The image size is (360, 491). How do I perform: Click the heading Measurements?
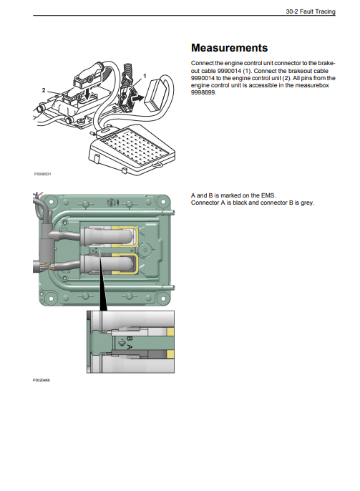tap(229, 48)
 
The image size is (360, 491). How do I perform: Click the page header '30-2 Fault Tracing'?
tap(310, 11)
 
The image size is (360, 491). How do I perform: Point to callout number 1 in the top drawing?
tap(145, 76)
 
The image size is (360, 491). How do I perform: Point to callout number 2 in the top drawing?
tap(44, 90)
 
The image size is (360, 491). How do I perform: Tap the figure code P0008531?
tap(42, 174)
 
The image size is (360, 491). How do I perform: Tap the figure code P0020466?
tap(41, 380)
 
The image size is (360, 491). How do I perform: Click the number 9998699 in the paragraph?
tap(203, 92)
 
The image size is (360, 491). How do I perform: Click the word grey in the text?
tap(307, 203)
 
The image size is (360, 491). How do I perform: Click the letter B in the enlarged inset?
tap(130, 339)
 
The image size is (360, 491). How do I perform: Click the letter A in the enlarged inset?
tap(130, 347)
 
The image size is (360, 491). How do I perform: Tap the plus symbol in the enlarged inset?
tap(122, 344)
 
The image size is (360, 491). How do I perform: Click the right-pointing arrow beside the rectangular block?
tap(137, 99)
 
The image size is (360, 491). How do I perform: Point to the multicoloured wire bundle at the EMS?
tap(47, 267)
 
